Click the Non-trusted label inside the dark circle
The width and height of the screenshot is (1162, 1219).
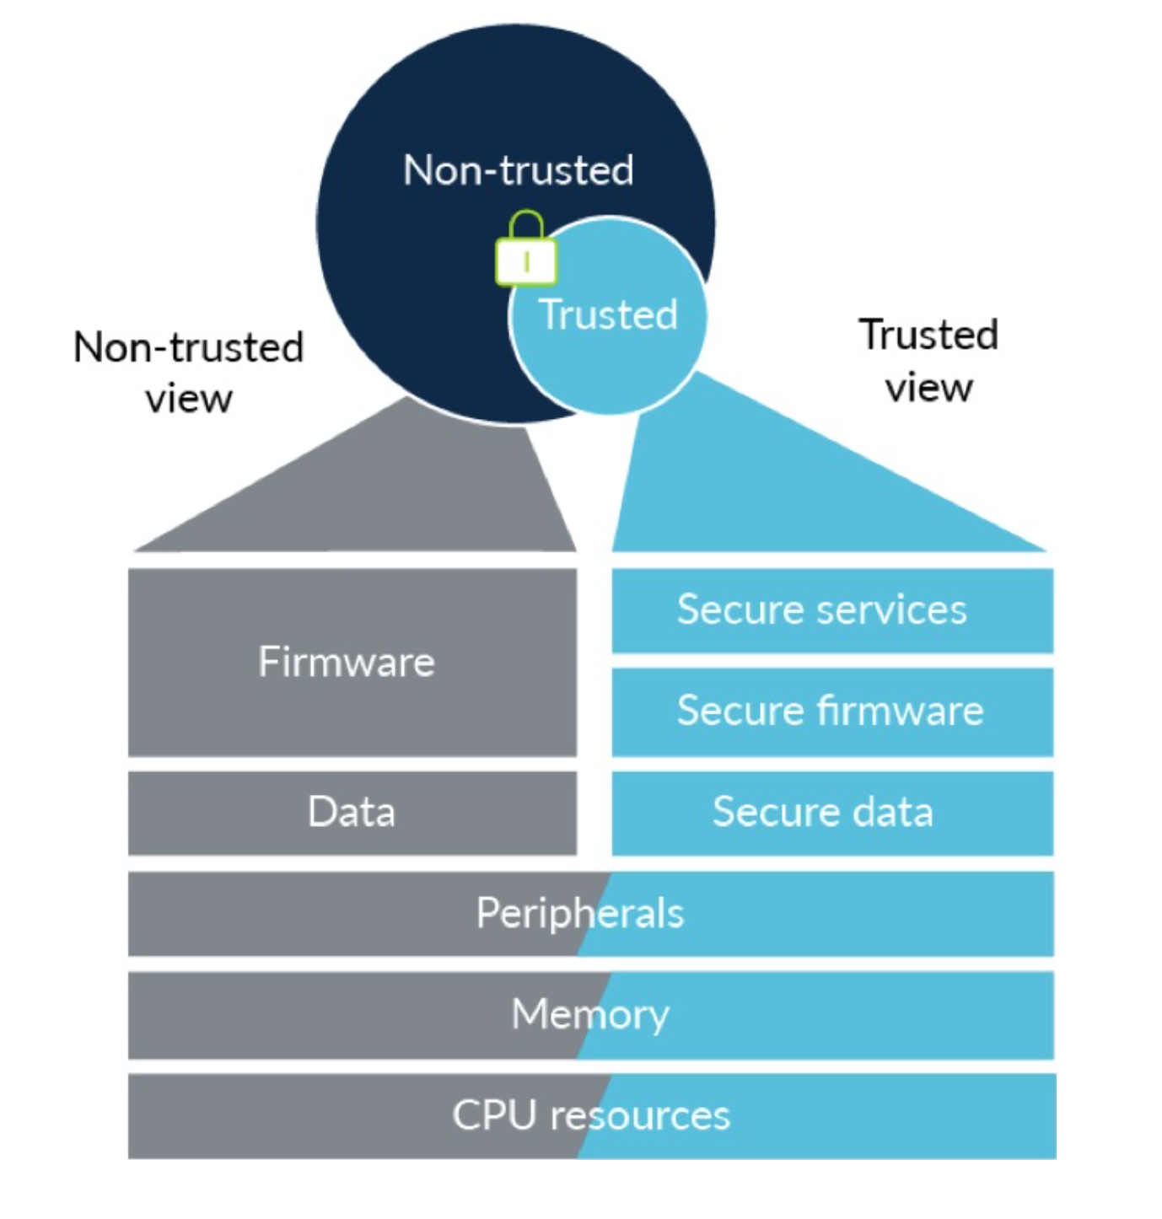tap(518, 170)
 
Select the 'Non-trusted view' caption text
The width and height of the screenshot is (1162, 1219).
tap(188, 372)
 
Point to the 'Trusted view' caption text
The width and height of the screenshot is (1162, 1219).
tap(928, 360)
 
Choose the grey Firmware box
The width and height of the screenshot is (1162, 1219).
tap(352, 662)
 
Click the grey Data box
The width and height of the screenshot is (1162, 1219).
tap(352, 813)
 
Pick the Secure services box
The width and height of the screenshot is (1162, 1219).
tap(832, 610)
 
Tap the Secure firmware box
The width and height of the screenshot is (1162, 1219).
tap(832, 711)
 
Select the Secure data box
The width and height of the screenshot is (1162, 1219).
tap(832, 813)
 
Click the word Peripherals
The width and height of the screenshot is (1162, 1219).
tap(580, 914)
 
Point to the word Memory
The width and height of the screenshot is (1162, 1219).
tap(590, 1014)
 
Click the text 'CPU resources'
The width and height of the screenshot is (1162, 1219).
tap(590, 1115)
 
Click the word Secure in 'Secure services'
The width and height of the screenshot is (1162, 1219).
tap(736, 610)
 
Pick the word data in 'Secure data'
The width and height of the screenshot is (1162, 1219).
tap(893, 813)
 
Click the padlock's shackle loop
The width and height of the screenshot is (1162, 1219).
tap(526, 225)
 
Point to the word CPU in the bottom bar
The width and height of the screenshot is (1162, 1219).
tap(494, 1115)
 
